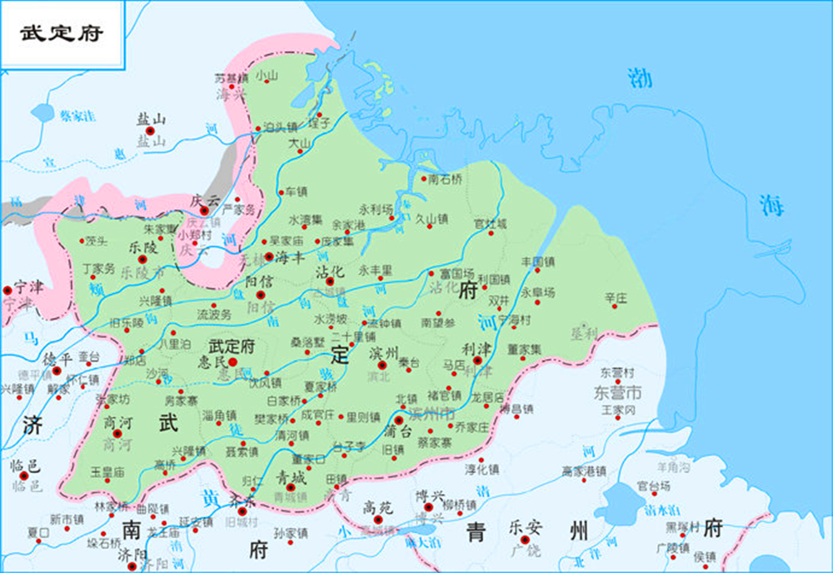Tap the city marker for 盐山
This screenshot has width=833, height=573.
click(x=151, y=131)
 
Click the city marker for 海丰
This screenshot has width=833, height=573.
click(x=269, y=257)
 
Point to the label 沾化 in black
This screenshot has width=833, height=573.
click(x=331, y=271)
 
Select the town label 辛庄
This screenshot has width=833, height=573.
click(x=616, y=296)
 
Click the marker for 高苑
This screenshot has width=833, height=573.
click(x=377, y=507)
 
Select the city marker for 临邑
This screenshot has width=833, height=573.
click(x=24, y=476)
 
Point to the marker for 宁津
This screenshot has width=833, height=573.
click(x=8, y=290)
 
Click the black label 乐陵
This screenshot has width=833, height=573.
click(x=143, y=247)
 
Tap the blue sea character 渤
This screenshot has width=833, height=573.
click(x=640, y=79)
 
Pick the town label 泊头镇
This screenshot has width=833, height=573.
click(x=280, y=127)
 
